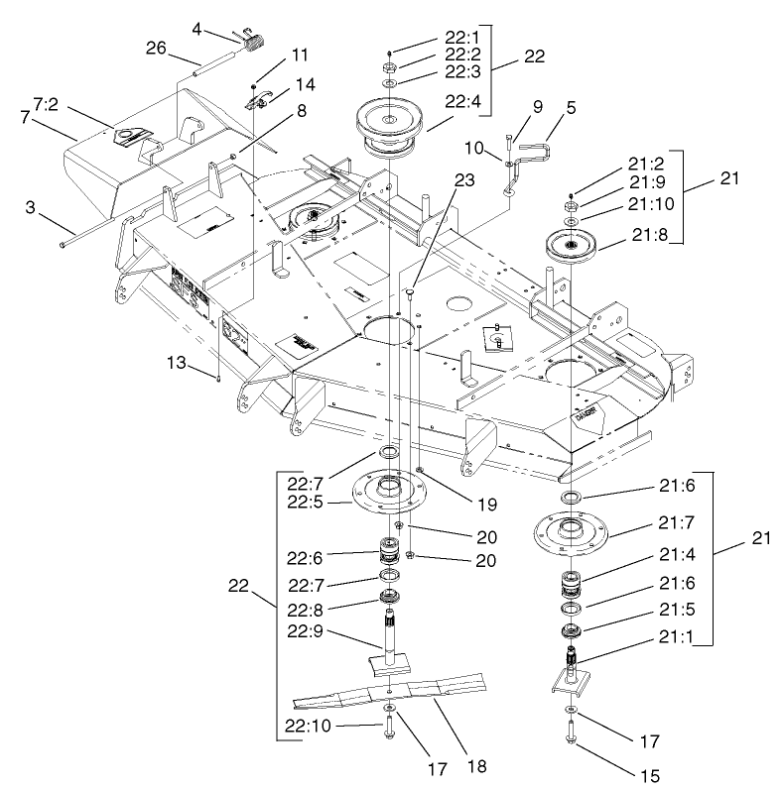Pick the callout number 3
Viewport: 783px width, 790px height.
(30, 211)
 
